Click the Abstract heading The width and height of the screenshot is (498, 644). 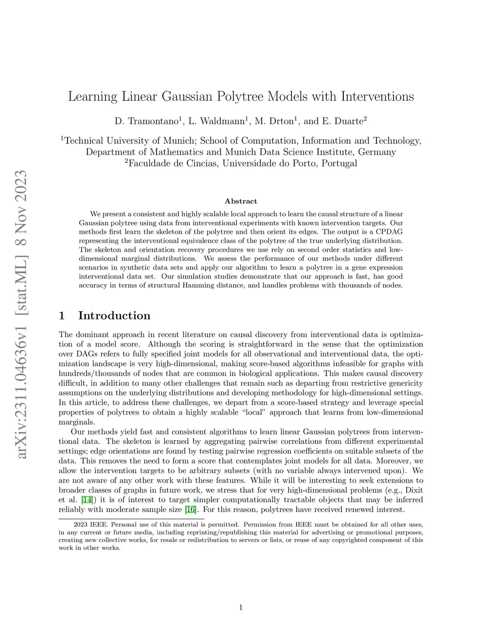241,201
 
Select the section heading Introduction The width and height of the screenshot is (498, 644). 114,316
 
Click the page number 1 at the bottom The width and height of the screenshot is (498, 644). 241,607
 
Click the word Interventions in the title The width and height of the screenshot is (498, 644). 377,97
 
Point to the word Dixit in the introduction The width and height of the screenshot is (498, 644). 413,490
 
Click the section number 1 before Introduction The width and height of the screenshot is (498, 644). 62,316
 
